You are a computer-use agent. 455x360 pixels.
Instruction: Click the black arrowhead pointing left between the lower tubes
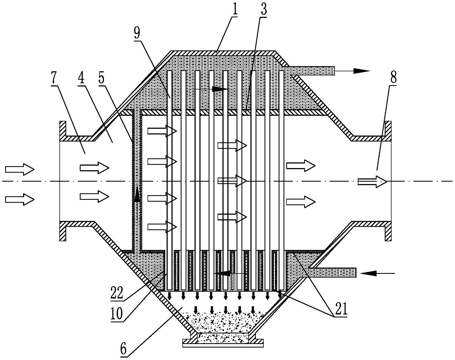coord(222,274)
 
